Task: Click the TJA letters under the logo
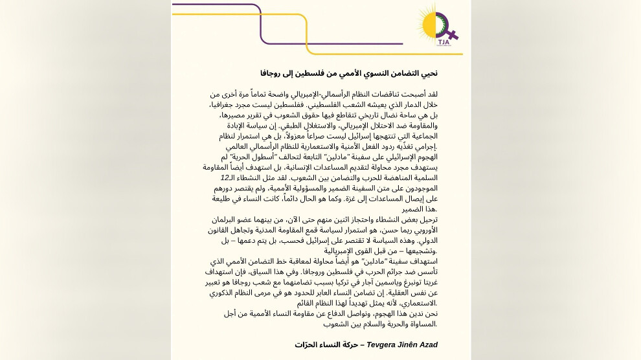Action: [443, 42]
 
